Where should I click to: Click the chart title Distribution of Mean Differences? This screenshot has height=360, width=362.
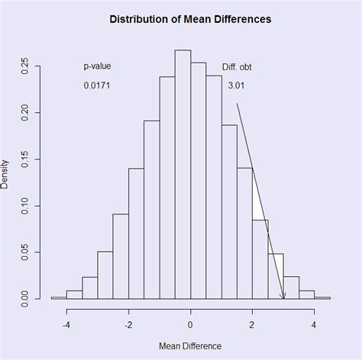(189, 18)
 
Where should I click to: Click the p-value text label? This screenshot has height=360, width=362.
(97, 67)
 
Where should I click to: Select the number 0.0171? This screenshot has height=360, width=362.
(97, 86)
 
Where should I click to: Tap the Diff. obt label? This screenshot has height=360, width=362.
(237, 67)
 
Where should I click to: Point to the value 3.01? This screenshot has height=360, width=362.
(237, 86)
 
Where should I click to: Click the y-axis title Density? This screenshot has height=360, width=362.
(6, 174)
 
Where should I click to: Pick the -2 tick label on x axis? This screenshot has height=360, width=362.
(128, 324)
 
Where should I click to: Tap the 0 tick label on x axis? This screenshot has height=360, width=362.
(191, 324)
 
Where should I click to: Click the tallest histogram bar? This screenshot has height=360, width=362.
(183, 175)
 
